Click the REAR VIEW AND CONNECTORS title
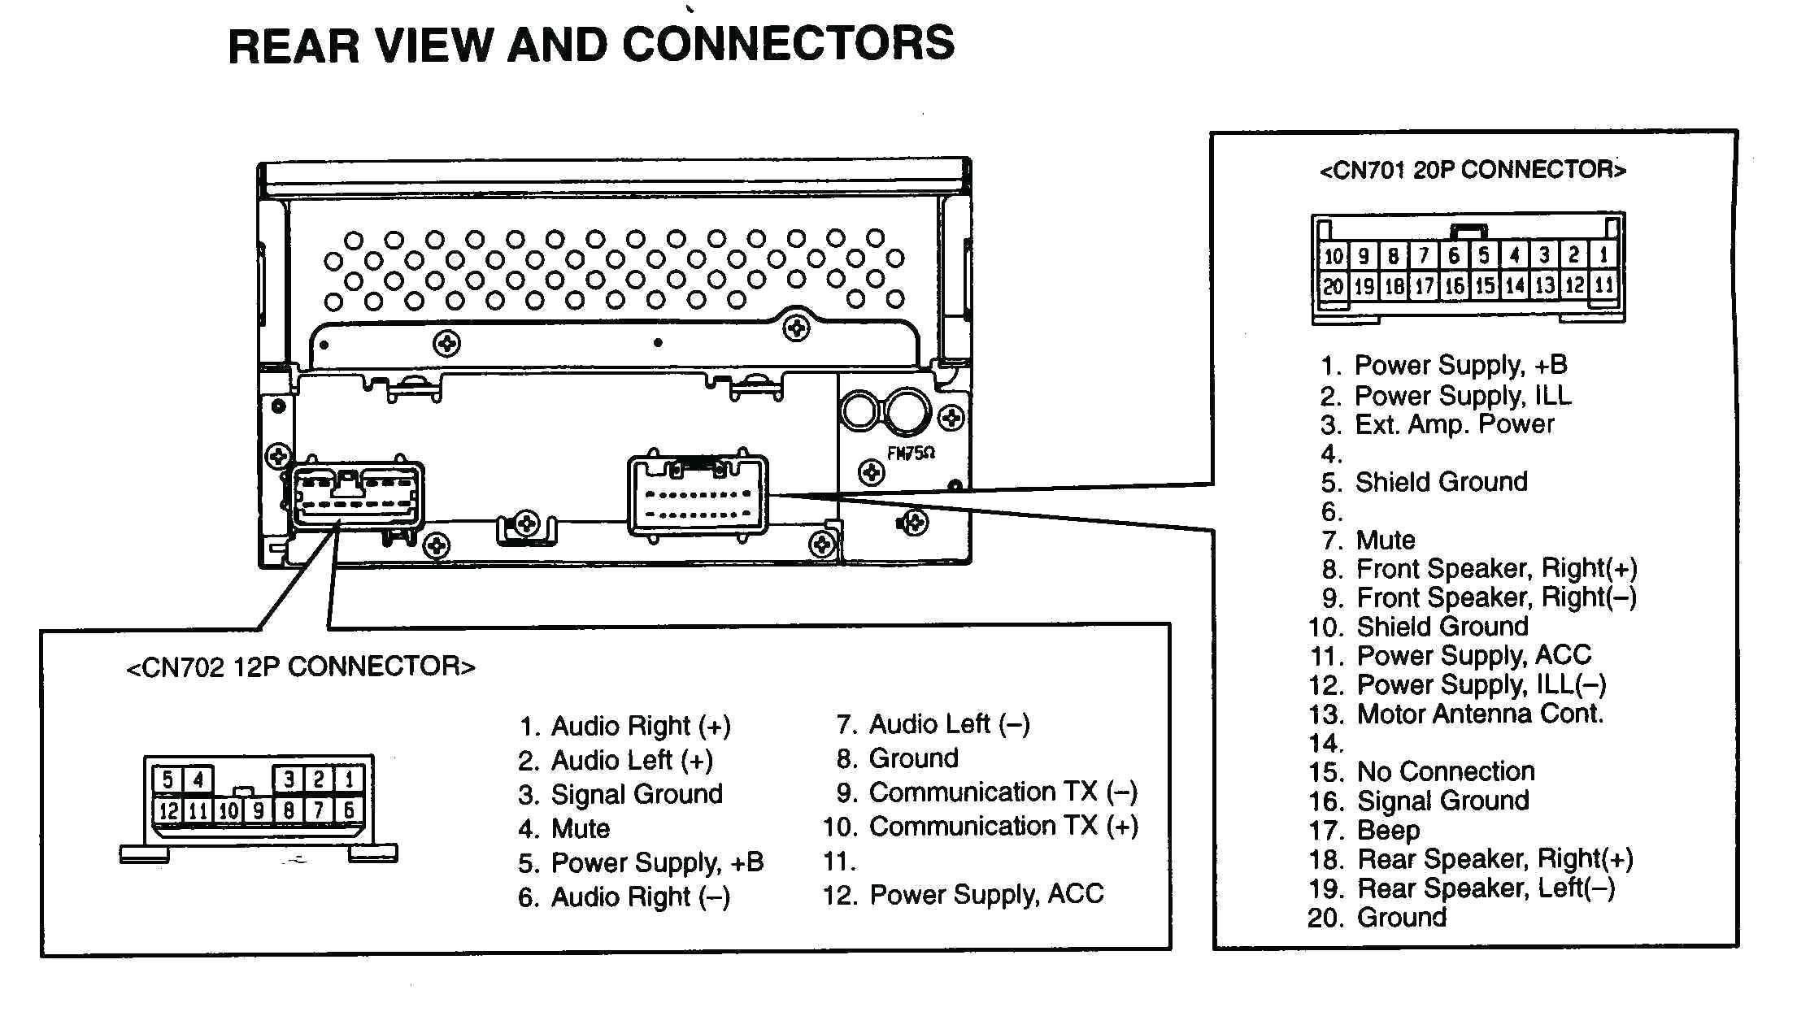coord(591,44)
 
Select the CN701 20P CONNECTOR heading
coord(1472,170)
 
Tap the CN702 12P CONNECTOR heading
coord(301,667)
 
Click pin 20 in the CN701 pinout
coord(1333,285)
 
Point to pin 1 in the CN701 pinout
coord(1603,255)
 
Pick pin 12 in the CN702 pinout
coord(168,810)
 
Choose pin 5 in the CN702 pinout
coord(168,779)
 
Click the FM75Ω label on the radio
coord(911,454)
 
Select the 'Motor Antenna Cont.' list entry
coord(1479,714)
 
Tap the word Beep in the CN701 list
coord(1388,830)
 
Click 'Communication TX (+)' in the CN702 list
coord(1003,827)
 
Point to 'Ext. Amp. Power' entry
coord(1453,424)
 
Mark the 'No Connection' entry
coord(1445,771)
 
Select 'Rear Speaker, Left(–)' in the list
coord(1485,888)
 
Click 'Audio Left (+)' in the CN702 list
coord(631,761)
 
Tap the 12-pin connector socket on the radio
coord(356,496)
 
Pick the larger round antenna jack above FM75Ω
coord(908,411)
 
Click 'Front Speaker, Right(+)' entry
coord(1495,568)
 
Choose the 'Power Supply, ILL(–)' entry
coord(1481,685)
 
